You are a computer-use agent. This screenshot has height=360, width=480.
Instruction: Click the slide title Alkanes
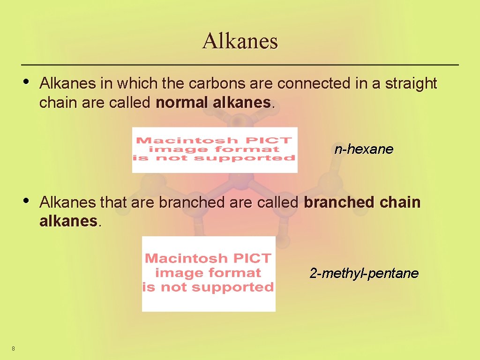[x=240, y=41]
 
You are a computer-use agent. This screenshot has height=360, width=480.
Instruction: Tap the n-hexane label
[x=364, y=150]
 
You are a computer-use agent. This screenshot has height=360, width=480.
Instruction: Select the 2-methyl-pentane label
[x=364, y=273]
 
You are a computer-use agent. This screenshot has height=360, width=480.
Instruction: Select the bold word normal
[x=182, y=103]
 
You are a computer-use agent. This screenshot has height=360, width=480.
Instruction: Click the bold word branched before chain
[x=334, y=203]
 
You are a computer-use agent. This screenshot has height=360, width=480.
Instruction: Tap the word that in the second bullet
[x=111, y=203]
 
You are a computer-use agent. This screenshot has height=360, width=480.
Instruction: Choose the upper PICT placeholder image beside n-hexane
[x=215, y=150]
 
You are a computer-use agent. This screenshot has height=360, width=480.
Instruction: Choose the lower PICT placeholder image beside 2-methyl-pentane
[x=209, y=274]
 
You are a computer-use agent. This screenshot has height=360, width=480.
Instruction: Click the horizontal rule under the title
[x=240, y=64]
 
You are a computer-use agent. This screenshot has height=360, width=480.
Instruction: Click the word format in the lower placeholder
[x=234, y=273]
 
